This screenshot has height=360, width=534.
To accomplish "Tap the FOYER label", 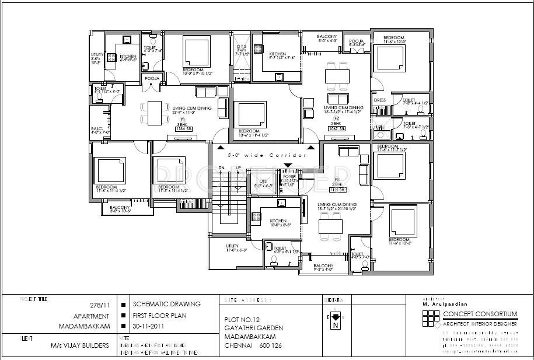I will coord(289,176).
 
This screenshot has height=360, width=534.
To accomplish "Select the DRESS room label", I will coord(380,100).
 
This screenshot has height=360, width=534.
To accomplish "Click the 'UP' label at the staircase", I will coord(238,167).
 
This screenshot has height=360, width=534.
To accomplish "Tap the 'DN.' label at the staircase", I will coord(221,167).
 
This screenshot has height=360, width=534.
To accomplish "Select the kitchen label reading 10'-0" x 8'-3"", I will coord(278,223).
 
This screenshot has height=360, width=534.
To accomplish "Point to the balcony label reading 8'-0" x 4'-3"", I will coord(328,39).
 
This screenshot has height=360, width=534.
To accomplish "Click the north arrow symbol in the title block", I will coord(336,317).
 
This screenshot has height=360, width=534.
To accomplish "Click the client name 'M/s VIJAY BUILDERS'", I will coord(80,345).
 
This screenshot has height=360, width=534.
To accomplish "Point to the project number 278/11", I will coord(99,305).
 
